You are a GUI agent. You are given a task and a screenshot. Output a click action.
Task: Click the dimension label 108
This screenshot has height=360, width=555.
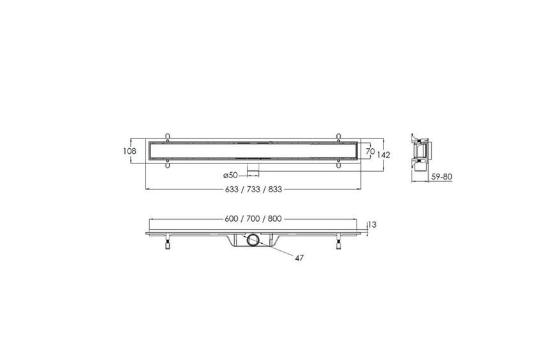coord(129,151)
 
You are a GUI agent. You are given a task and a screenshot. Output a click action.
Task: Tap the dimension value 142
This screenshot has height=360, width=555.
coord(383,155)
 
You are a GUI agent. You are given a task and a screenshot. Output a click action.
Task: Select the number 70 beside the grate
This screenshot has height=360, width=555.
coord(370,151)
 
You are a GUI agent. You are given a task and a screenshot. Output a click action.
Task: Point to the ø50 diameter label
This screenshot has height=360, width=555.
coord(230,175)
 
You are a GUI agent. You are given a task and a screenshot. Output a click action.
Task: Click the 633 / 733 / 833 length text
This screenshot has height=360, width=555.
coord(253,189)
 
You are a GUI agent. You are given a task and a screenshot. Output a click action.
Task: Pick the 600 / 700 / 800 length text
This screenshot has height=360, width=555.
coord(253,219)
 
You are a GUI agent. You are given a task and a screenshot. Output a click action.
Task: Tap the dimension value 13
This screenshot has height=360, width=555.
coord(373,225)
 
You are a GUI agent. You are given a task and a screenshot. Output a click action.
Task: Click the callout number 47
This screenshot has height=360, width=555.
coord(299,259)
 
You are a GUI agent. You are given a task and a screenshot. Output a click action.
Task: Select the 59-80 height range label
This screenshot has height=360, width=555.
coord(441,176)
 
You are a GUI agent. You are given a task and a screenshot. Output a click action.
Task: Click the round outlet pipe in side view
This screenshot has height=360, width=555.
coord(253,240)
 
